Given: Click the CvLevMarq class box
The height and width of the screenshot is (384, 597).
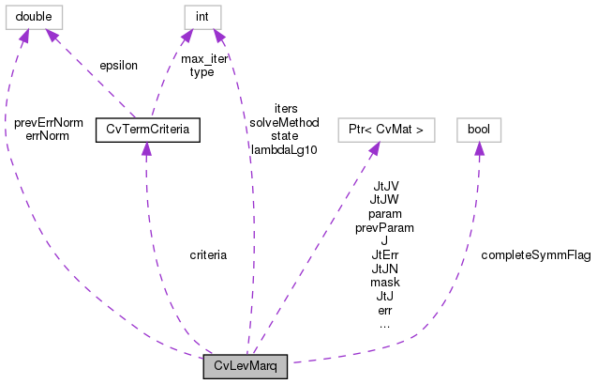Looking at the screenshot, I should click(x=245, y=366).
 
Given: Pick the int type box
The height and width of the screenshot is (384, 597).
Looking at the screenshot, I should click(x=202, y=16).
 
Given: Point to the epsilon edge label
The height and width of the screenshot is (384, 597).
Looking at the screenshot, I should click(x=118, y=66).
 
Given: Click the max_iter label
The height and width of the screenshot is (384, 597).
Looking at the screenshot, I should click(x=203, y=59).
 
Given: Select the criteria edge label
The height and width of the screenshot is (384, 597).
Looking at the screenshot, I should click(x=208, y=254).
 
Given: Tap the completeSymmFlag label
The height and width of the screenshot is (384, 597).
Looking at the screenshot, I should click(x=535, y=254).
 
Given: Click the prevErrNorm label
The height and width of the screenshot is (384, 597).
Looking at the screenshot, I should click(x=49, y=122).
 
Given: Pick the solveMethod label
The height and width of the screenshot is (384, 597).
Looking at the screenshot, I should click(x=284, y=122).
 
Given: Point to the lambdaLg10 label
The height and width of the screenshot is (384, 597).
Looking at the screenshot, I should click(x=284, y=148).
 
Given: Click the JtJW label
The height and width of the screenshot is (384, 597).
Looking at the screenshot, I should click(x=385, y=200).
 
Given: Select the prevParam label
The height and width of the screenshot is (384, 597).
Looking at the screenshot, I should click(x=385, y=227).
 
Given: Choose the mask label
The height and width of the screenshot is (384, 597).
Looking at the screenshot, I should click(x=385, y=282).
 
